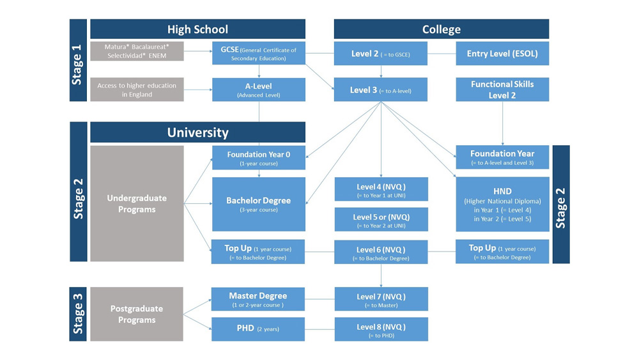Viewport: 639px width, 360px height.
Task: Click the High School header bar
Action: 197,29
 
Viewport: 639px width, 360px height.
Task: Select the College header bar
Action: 442,29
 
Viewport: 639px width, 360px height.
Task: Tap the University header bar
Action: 197,132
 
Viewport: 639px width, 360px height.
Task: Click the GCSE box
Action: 259,53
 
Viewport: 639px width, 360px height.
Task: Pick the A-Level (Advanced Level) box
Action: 259,90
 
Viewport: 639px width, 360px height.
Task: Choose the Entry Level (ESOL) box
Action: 502,54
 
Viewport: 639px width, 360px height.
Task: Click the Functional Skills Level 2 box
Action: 502,90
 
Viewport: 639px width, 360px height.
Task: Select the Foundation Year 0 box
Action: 259,158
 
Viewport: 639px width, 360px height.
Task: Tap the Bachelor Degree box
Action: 259,204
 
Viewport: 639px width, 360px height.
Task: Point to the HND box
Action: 502,204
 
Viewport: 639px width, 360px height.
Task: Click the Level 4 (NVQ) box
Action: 381,189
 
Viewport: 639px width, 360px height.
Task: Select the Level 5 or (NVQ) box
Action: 381,220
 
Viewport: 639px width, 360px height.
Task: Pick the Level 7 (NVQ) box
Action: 381,299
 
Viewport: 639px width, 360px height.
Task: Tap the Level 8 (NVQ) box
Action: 381,329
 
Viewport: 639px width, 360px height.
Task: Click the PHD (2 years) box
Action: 258,329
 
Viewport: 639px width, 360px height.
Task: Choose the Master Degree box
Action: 258,299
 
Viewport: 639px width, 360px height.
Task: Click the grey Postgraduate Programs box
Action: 137,314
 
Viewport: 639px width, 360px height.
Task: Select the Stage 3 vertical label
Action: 78,314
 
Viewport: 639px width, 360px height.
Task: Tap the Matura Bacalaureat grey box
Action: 137,51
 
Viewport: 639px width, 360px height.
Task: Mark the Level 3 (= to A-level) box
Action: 381,90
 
